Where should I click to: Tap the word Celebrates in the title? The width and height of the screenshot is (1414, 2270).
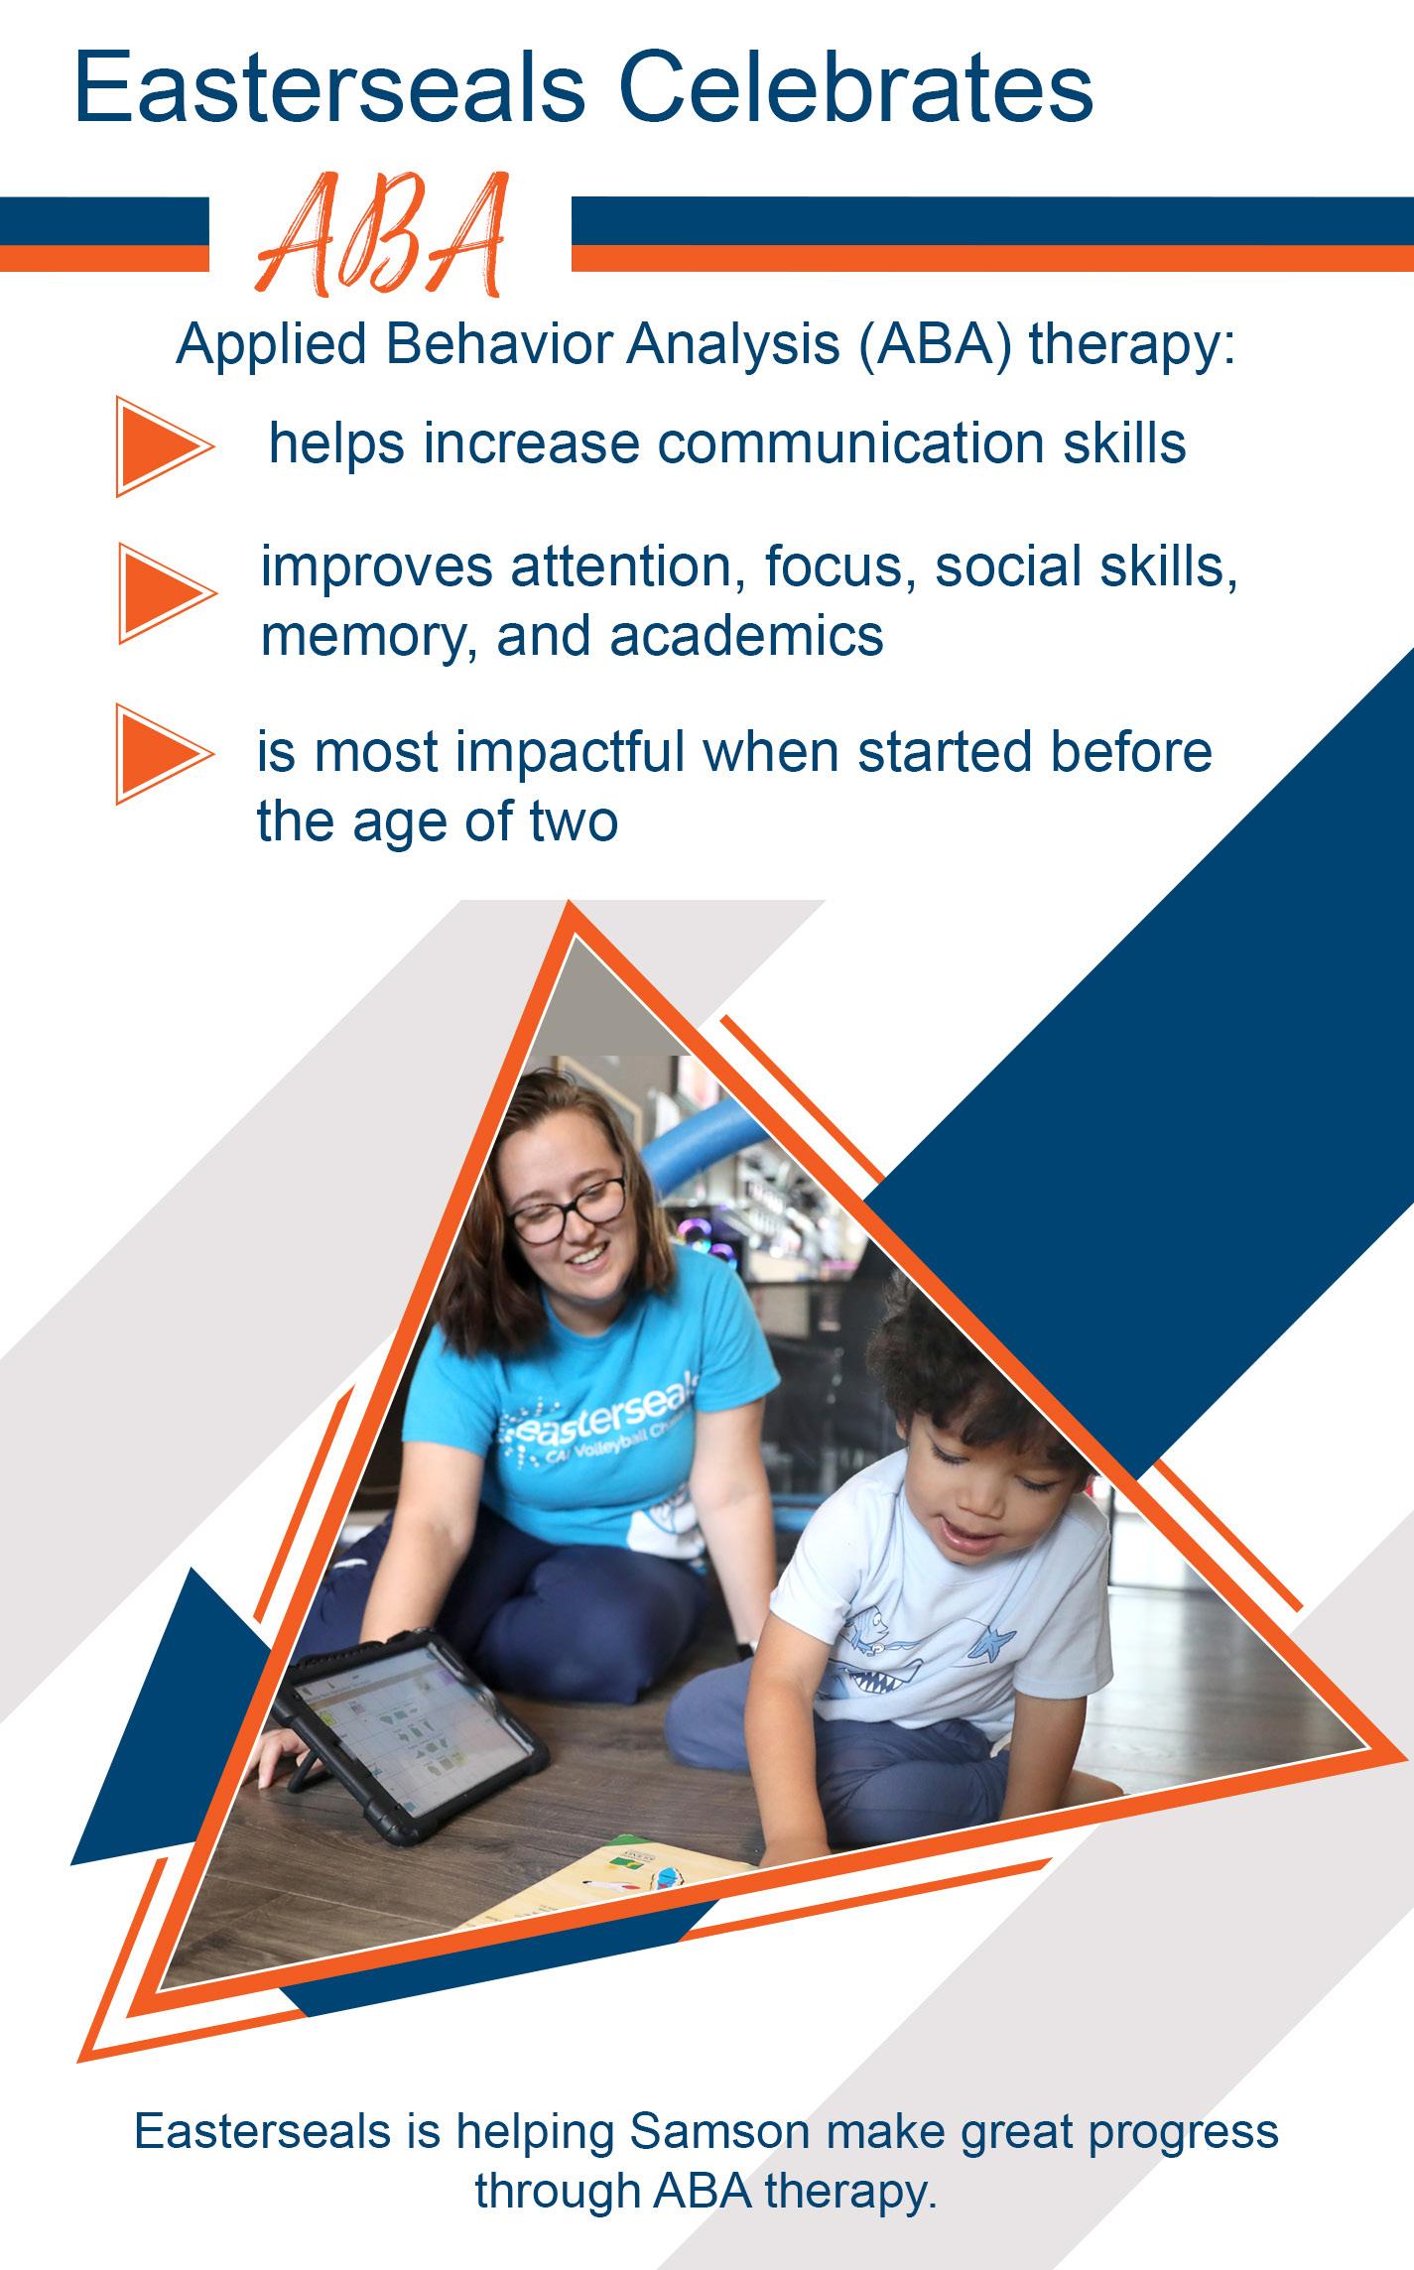tap(857, 89)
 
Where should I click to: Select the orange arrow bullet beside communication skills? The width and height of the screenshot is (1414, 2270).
tap(165, 445)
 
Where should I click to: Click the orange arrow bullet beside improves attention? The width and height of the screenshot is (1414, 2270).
tap(167, 593)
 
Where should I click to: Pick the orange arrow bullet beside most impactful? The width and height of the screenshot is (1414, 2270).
tap(165, 753)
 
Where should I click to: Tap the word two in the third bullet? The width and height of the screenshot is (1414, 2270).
tap(575, 821)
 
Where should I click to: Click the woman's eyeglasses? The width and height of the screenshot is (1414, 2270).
tap(567, 1209)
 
